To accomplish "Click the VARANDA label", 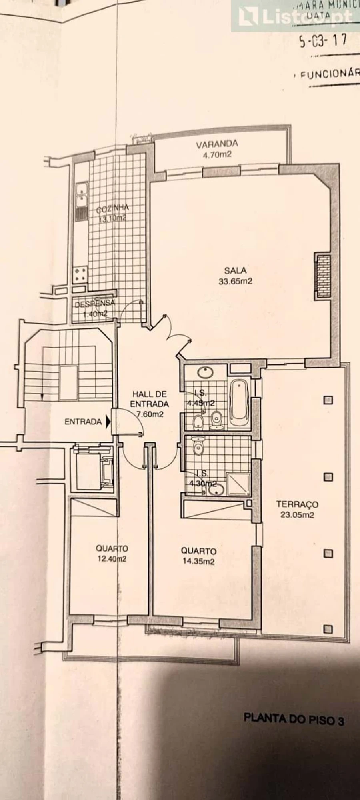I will tap(217, 143).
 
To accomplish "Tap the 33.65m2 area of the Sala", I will tap(235, 281).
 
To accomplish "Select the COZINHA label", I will tap(112, 208).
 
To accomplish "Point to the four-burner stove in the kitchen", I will tap(80, 275).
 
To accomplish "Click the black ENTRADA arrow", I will tap(108, 421).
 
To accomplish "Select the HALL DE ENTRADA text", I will tap(149, 399).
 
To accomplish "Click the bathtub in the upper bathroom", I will tap(239, 403).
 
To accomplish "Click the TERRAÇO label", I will tap(297, 504).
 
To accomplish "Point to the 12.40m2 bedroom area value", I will tap(112, 559).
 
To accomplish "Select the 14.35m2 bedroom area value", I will tap(198, 561).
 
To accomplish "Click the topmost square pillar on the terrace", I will tap(328, 400).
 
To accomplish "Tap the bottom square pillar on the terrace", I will tap(328, 629).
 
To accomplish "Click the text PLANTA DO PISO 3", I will tap(294, 719).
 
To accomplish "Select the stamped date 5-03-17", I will tap(323, 41).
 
